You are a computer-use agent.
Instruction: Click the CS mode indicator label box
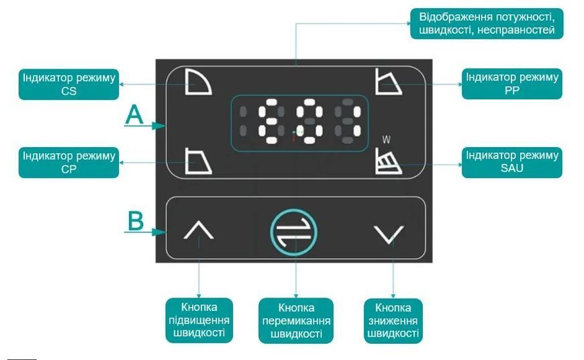click(x=69, y=84)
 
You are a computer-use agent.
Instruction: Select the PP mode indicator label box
click(x=512, y=84)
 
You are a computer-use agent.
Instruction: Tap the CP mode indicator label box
click(x=69, y=163)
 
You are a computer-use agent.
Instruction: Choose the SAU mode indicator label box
click(x=512, y=162)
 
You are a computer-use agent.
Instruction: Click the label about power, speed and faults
click(x=487, y=24)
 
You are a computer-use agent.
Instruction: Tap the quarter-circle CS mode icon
click(x=198, y=82)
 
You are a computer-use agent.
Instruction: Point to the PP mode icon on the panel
click(x=388, y=82)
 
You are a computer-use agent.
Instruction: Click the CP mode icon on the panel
click(x=198, y=161)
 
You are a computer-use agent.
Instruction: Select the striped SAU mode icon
click(x=388, y=161)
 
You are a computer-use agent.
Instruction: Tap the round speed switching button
click(x=294, y=232)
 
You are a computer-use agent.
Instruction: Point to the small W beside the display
click(x=386, y=140)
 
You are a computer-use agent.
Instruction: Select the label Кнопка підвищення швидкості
click(x=199, y=320)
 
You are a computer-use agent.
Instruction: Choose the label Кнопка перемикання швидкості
click(x=296, y=320)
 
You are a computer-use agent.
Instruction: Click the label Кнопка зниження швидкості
click(x=393, y=320)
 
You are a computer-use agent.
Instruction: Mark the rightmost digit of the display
click(x=348, y=121)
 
